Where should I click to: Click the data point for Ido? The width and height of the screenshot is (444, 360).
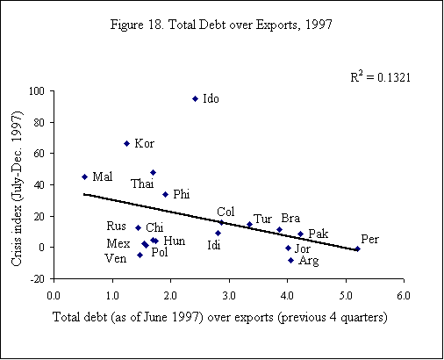pyautogui.click(x=195, y=98)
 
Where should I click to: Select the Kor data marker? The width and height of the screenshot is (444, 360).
pyautogui.click(x=126, y=143)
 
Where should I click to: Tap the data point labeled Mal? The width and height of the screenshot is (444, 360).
pyautogui.click(x=84, y=176)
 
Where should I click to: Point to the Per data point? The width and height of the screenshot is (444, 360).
pyautogui.click(x=357, y=248)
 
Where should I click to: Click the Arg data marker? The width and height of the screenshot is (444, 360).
pyautogui.click(x=290, y=260)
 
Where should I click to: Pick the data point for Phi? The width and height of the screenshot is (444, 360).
pyautogui.click(x=165, y=194)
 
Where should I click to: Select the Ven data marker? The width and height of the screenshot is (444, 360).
pyautogui.click(x=140, y=255)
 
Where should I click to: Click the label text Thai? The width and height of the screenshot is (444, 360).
pyautogui.click(x=142, y=184)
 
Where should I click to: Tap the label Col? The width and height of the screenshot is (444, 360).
pyautogui.click(x=226, y=212)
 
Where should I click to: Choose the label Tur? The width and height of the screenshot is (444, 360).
pyautogui.click(x=262, y=219)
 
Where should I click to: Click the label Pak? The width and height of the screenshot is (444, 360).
pyautogui.click(x=318, y=234)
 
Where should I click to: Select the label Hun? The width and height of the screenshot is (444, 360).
pyautogui.click(x=174, y=241)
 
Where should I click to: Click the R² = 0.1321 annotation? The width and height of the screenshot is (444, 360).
pyautogui.click(x=381, y=77)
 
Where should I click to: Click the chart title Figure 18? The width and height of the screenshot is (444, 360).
pyautogui.click(x=221, y=23)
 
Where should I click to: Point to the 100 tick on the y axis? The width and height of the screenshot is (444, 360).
pyautogui.click(x=39, y=90)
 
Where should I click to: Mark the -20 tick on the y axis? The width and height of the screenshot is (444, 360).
pyautogui.click(x=39, y=278)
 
